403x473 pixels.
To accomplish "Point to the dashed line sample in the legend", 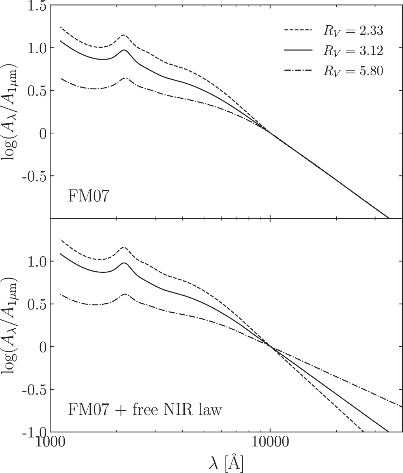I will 298,30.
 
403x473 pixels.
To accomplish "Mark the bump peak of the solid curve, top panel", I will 124,50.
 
